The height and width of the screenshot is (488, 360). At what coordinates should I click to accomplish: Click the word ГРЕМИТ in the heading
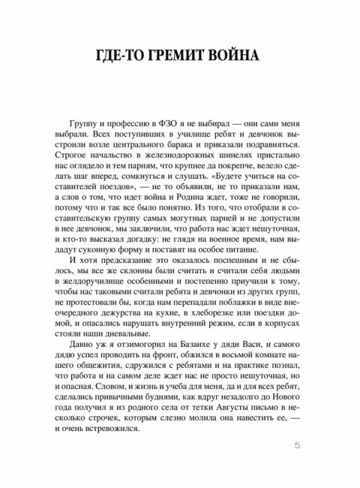pyautogui.click(x=180, y=57)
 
